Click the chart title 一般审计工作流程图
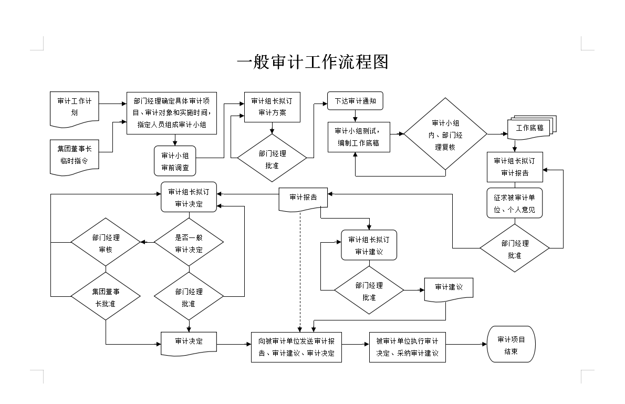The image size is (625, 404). tap(312, 62)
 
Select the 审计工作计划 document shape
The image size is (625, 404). tap(74, 107)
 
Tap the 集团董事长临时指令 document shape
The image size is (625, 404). tap(74, 156)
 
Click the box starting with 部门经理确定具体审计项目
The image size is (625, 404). tap(171, 112)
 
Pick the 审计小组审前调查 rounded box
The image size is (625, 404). tap(175, 161)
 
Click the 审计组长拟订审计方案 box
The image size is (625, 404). tap(272, 107)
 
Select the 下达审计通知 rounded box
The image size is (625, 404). tap(355, 101)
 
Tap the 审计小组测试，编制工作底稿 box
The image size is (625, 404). tap(359, 137)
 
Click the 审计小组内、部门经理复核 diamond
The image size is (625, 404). tap(445, 134)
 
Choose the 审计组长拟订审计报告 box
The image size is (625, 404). tap(515, 167)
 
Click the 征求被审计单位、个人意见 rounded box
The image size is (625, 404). tap(514, 203)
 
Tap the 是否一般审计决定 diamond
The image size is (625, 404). tap(189, 243)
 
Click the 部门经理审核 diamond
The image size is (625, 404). tap(106, 243)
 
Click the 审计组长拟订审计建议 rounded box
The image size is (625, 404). tap(369, 245)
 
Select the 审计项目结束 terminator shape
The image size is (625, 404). tap(511, 345)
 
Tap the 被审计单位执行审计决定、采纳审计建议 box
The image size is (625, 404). tap(407, 347)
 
